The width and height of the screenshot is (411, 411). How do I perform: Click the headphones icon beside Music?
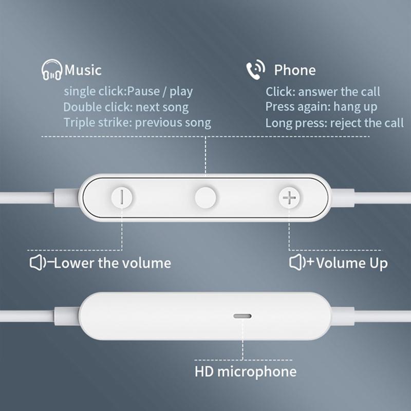coord(52,70)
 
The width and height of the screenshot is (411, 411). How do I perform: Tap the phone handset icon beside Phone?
coord(255,69)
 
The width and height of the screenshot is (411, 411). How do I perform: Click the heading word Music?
coord(83,70)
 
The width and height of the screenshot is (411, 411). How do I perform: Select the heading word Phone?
coord(295,70)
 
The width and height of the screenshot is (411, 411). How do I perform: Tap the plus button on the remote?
coord(289,197)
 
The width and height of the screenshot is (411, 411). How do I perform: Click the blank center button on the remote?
coord(206,198)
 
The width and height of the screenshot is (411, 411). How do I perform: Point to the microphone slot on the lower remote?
coord(242,316)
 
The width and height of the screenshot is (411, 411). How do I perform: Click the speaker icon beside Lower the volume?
coord(38,263)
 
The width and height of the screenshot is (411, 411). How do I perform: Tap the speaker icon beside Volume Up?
coord(298,262)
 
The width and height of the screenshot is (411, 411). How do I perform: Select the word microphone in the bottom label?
coord(257,372)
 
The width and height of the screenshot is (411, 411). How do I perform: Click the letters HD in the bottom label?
coord(204,371)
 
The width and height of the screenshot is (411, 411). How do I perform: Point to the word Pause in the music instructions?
coord(143,91)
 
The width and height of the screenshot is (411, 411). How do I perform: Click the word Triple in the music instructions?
coord(80,123)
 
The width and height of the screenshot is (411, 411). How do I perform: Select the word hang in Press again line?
coord(345,107)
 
